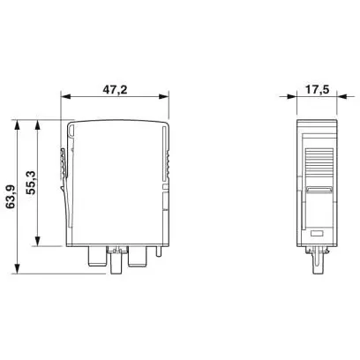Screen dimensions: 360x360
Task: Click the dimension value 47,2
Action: [115, 89]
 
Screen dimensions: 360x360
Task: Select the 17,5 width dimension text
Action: [317, 89]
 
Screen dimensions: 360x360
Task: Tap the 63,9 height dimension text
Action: [11, 197]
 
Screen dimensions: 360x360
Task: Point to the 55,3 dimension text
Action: [30, 183]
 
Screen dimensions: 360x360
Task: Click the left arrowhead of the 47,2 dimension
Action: [65, 96]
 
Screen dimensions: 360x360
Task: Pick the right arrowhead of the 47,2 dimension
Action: [164, 96]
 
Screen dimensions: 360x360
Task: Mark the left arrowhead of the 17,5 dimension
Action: [291, 96]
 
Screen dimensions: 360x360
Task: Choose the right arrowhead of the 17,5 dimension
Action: [341, 96]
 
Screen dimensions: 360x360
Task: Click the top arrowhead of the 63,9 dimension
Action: [18, 124]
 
